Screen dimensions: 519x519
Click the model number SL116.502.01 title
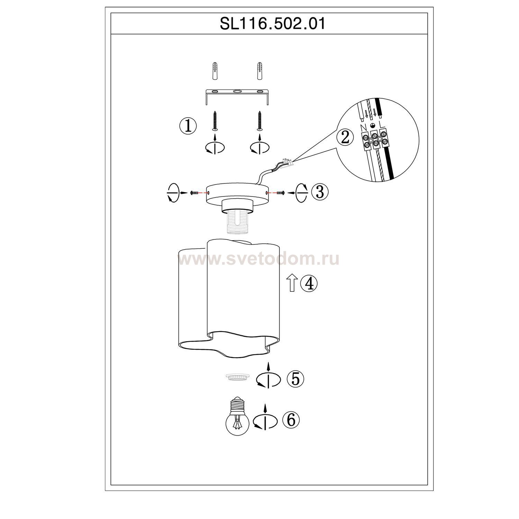(x=273, y=24)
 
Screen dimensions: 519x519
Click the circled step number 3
(x=320, y=191)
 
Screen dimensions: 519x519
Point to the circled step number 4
(x=309, y=284)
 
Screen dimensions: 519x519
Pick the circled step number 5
(x=295, y=379)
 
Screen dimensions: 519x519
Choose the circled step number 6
(x=291, y=420)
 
